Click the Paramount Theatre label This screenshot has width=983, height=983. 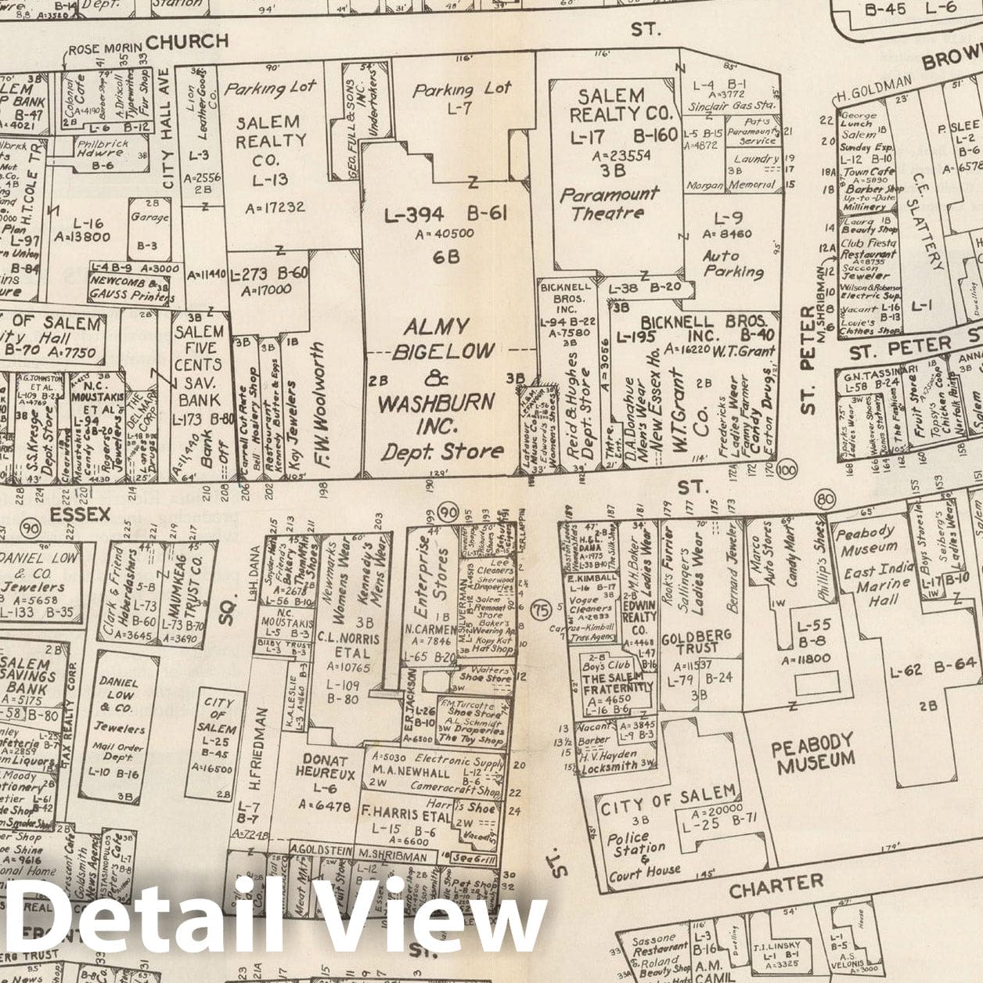point(610,203)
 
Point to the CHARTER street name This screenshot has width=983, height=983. point(776,885)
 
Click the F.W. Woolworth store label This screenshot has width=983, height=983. point(322,405)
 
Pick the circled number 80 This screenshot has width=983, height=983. point(825,499)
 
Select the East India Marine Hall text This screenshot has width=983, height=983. point(882,582)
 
